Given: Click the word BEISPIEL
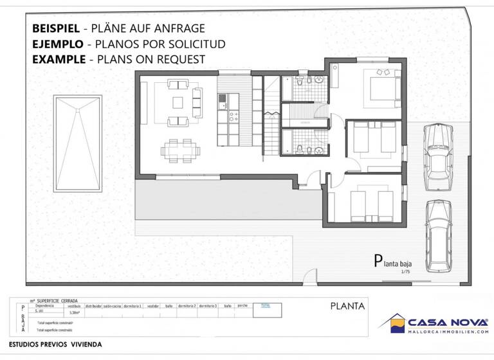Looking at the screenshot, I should [x=56, y=28].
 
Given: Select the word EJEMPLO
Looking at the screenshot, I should [x=57, y=44].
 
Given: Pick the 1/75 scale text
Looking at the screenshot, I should [x=405, y=272].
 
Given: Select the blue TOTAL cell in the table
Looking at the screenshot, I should [x=266, y=306].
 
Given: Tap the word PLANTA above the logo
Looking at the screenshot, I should [x=347, y=306].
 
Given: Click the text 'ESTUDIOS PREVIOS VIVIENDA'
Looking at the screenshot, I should [x=55, y=345].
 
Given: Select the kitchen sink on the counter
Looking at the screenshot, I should [x=223, y=101].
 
